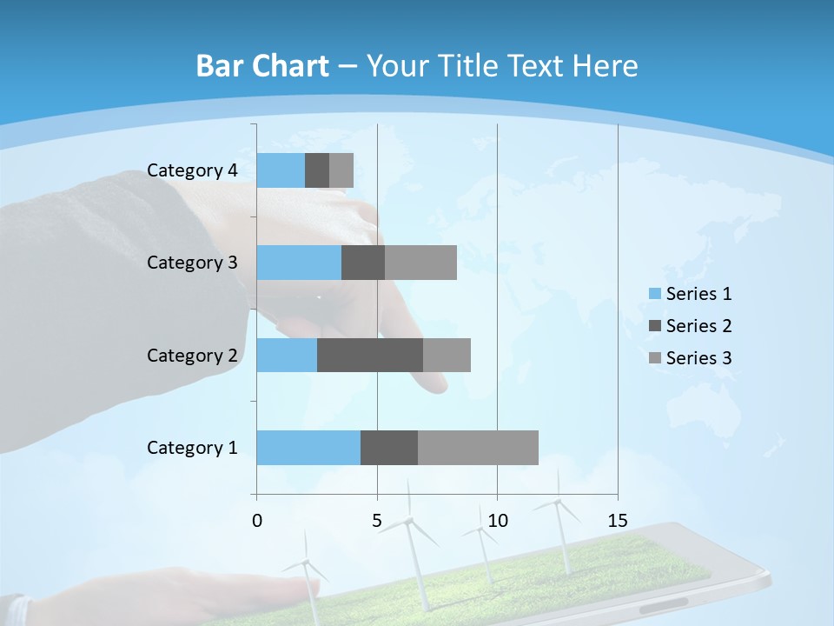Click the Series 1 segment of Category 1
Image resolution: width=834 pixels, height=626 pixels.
[x=308, y=448]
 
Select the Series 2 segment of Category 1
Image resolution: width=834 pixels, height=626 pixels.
[x=389, y=448]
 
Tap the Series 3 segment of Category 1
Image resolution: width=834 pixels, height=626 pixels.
[x=478, y=448]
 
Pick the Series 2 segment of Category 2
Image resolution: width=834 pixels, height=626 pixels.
[x=370, y=355]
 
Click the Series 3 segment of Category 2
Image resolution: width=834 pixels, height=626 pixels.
[x=447, y=355]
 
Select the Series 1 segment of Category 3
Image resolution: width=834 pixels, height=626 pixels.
[x=299, y=263]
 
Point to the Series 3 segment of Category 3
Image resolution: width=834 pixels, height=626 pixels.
[x=420, y=263]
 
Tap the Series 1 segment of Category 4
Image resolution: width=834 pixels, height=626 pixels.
[x=281, y=170]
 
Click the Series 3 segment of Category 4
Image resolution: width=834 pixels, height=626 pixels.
[x=341, y=170]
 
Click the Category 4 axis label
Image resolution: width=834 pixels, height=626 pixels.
[x=192, y=170]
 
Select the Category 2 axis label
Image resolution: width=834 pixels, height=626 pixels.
[x=192, y=356]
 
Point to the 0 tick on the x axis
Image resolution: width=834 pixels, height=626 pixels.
[x=257, y=521]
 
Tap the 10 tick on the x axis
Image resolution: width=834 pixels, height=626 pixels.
[x=497, y=521]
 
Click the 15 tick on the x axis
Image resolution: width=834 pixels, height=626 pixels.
[x=618, y=521]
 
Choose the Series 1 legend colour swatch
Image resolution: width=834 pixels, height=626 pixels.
[x=654, y=294]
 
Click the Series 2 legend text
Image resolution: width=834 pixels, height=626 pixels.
[x=698, y=326]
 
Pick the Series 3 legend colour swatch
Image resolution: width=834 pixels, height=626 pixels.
[x=654, y=358]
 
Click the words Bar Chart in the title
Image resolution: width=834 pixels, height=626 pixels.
[x=262, y=66]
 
